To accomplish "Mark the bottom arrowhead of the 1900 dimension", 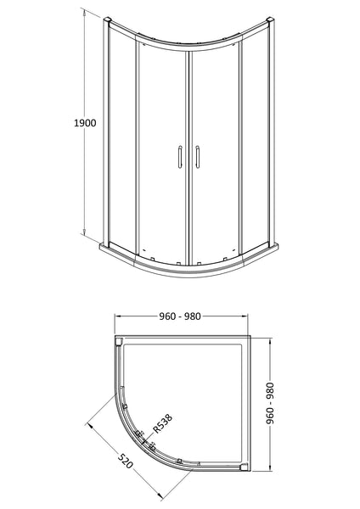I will coord(85,235).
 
